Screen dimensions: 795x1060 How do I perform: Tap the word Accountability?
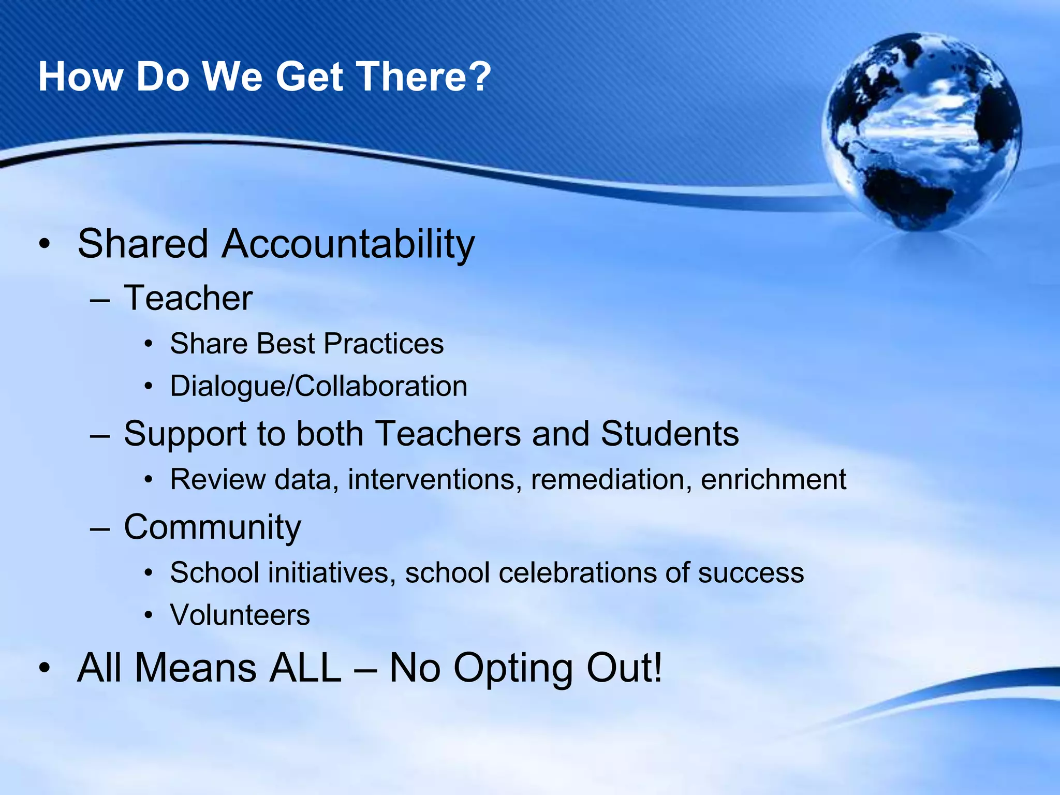[348, 244]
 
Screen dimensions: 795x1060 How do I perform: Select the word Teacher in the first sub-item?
[188, 299]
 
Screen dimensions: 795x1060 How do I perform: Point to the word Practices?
[384, 344]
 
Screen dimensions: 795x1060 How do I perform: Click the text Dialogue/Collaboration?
[318, 386]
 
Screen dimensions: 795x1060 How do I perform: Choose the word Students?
[670, 434]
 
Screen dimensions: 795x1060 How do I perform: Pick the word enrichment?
[773, 479]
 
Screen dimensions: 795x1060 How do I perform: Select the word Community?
[212, 527]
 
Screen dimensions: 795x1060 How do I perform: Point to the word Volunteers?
[240, 615]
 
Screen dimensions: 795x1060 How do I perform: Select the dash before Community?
[99, 528]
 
